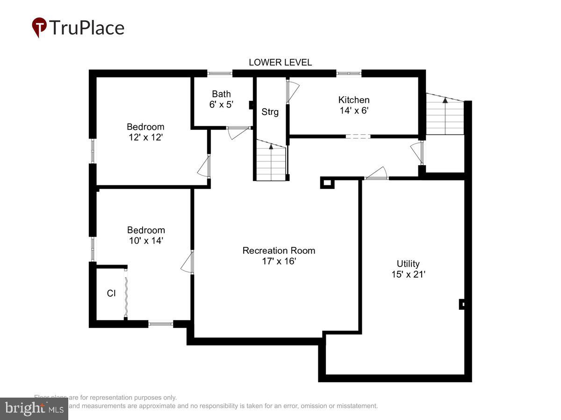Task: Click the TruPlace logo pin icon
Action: coord(39,27)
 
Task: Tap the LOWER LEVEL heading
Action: coord(280,63)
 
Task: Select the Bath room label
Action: coord(221,94)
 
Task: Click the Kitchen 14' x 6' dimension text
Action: coord(354,111)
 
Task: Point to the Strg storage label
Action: coord(270,112)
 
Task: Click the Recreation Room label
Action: coord(279,251)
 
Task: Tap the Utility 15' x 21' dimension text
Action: coord(408,274)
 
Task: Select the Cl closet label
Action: coord(111,294)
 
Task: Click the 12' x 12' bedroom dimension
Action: coord(145,137)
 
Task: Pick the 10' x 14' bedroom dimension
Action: coord(146,241)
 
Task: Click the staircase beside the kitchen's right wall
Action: coord(445,114)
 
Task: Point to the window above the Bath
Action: coord(220,73)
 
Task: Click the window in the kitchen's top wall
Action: coord(349,73)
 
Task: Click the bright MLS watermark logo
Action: coord(34,409)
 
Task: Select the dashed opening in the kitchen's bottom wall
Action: coord(358,136)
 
